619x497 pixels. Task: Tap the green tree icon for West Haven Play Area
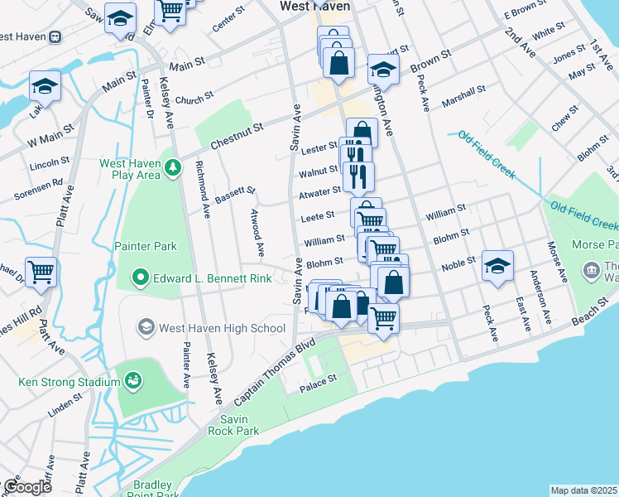point(172,168)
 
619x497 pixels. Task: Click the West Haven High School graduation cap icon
point(146,327)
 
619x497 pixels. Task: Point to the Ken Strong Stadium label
point(70,382)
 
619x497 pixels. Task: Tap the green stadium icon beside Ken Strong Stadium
point(132,381)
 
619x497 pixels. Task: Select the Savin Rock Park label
point(240,425)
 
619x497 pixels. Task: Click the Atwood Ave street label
point(257,231)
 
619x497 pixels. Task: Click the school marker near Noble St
point(497,266)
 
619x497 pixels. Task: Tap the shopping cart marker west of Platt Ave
point(41,272)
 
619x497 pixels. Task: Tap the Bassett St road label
point(235,195)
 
